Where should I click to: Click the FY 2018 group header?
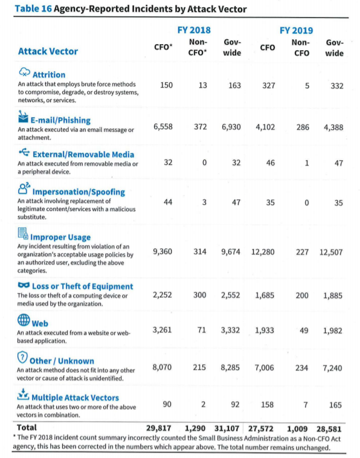tap(194, 30)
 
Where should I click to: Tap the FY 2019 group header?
tap(296, 30)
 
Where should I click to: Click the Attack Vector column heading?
tap(48, 51)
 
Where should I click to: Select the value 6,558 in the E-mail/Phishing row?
tap(163, 127)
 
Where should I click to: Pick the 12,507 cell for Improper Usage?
tap(331, 252)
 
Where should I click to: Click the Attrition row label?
tap(49, 75)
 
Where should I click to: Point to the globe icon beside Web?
tap(24, 320)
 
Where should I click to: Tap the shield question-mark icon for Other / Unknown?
tap(22, 357)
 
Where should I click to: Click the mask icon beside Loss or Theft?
tap(24, 285)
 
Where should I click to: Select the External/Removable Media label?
tap(83, 155)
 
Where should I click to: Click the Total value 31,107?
tap(227, 428)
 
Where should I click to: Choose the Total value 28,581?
tap(329, 429)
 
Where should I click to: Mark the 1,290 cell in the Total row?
tap(195, 428)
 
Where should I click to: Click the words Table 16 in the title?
tap(33, 9)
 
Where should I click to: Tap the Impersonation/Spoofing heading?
tap(79, 192)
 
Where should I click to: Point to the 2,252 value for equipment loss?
tap(162, 295)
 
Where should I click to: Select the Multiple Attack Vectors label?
tap(75, 398)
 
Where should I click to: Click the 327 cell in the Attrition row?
tap(269, 86)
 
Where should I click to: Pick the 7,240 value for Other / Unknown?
tap(332, 368)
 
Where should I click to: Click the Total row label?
tap(27, 428)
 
